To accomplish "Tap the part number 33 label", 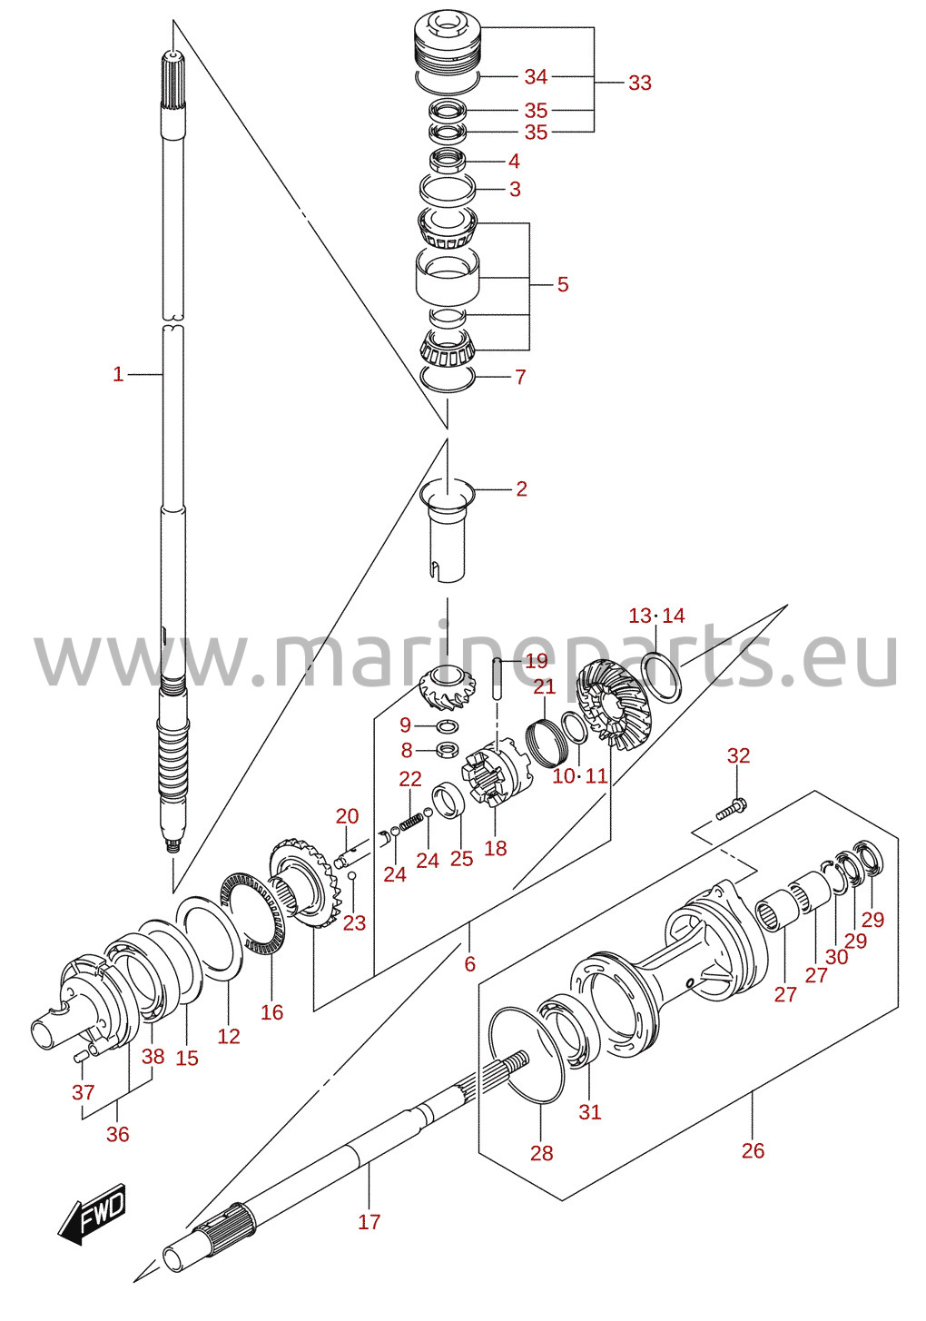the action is point(639,84).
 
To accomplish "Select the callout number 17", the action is point(369,1221).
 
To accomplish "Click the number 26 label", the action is point(753,1150).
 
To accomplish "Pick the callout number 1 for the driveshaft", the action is point(118,374).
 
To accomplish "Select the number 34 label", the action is point(537,76).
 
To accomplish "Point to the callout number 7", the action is point(519,377).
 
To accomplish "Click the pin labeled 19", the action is point(497,679).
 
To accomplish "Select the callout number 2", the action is point(521,488).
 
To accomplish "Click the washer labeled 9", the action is point(448,725).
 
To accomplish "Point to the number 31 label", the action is point(590,1111).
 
